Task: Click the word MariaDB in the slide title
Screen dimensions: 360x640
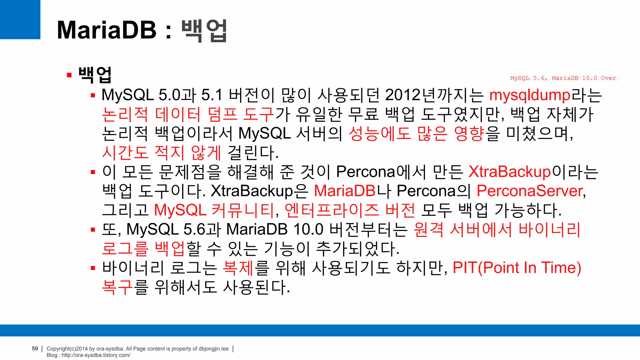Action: (107, 30)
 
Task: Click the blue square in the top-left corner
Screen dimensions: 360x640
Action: (20, 19)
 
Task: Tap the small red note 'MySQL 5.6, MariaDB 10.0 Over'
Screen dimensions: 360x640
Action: (563, 78)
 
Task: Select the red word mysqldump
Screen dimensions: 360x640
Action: (530, 95)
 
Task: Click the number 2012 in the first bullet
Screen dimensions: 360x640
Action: (403, 95)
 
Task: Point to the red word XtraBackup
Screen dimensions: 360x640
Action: (509, 172)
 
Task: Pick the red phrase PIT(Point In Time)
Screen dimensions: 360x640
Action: (517, 268)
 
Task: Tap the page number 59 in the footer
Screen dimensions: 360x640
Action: (35, 348)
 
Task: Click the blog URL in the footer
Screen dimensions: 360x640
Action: (96, 355)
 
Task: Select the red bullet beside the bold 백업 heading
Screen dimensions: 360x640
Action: (69, 75)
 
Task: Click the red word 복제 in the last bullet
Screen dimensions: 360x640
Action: (238, 268)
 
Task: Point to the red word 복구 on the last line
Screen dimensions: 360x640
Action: (117, 287)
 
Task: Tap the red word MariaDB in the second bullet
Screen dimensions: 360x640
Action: (344, 191)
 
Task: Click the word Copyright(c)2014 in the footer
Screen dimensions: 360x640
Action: (67, 349)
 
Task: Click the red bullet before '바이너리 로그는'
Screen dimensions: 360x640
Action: (93, 268)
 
